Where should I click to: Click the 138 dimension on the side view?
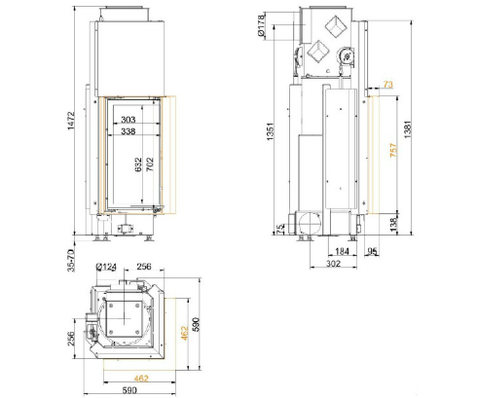click(x=392, y=225)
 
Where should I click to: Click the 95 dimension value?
click(x=373, y=252)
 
